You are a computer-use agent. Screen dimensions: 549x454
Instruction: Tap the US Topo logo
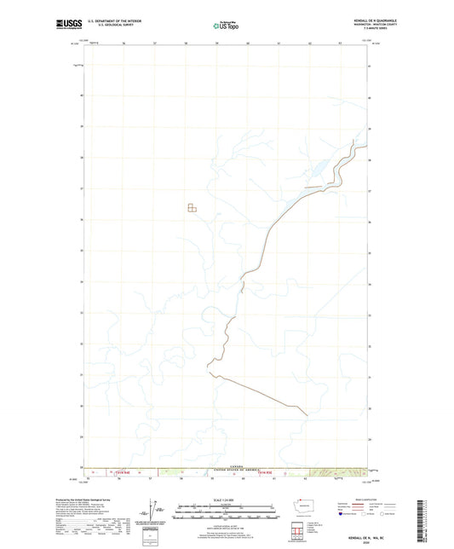[225, 26]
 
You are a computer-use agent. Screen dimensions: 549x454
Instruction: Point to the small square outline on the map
[192, 207]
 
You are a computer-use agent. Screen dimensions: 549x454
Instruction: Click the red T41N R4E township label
[124, 473]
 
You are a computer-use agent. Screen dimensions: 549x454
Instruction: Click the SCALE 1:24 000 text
[226, 500]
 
